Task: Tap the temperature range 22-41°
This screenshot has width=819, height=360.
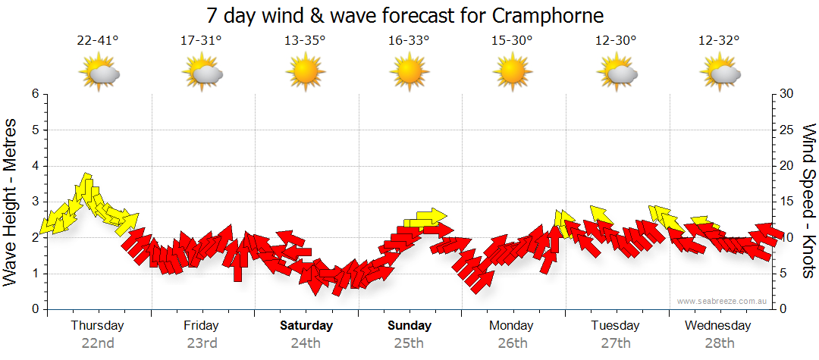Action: (97, 41)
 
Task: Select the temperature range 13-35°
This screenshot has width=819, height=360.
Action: (305, 41)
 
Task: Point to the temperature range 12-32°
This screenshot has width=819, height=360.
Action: (719, 41)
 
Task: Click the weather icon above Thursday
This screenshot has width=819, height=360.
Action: (99, 74)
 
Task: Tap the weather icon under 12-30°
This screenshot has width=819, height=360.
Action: (616, 74)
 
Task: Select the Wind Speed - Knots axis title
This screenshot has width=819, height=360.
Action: (808, 201)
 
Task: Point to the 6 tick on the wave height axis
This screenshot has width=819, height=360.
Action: (35, 94)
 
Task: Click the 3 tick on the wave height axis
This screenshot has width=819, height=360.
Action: (35, 202)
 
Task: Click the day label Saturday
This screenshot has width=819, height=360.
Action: (306, 326)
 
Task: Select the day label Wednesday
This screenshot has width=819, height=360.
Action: (717, 326)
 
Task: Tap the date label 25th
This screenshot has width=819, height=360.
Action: (409, 343)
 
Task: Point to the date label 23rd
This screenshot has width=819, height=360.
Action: (202, 343)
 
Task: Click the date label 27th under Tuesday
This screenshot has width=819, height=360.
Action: (615, 343)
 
